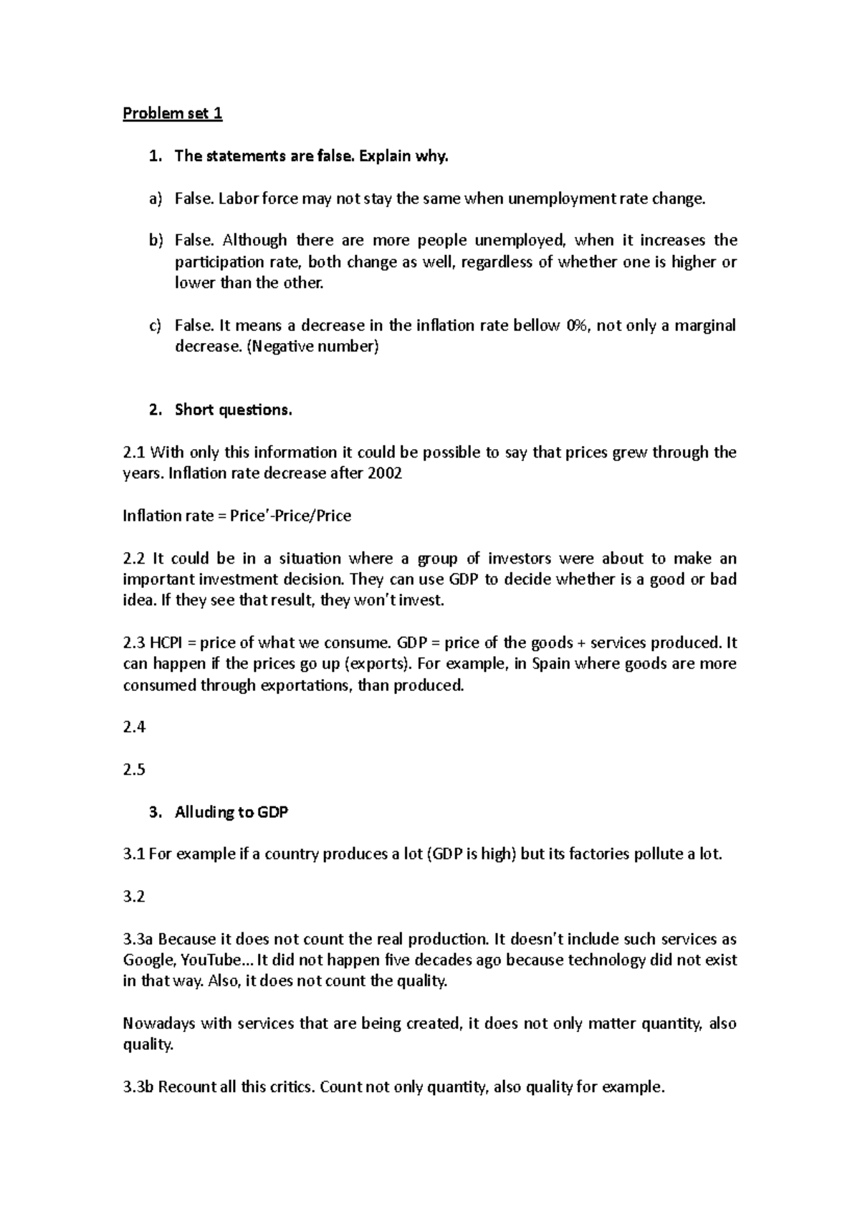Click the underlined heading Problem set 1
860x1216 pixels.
pyautogui.click(x=173, y=114)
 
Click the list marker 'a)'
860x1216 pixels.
pyautogui.click(x=156, y=198)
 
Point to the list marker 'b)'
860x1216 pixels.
pyautogui.click(x=156, y=241)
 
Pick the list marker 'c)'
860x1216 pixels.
pyautogui.click(x=156, y=326)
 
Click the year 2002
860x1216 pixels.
pyautogui.click(x=385, y=473)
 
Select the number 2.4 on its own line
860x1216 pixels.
pyautogui.click(x=134, y=727)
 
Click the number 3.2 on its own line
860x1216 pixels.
pyautogui.click(x=134, y=896)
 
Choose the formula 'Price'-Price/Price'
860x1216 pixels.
pyautogui.click(x=290, y=516)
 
